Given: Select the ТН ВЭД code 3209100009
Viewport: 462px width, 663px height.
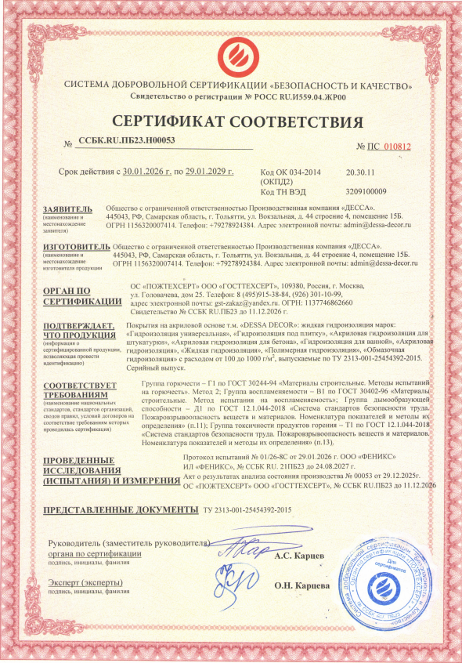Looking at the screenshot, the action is click(x=366, y=191).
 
